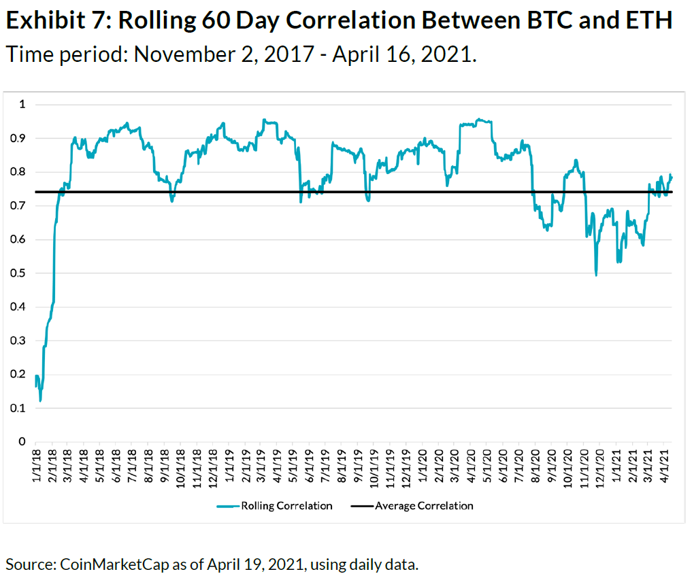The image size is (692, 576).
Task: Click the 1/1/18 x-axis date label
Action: pyautogui.click(x=36, y=464)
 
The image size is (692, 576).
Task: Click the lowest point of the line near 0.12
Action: pyautogui.click(x=40, y=401)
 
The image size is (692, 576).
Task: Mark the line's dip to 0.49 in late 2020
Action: pyautogui.click(x=596, y=275)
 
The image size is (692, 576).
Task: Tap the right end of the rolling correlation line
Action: pyautogui.click(x=672, y=177)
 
